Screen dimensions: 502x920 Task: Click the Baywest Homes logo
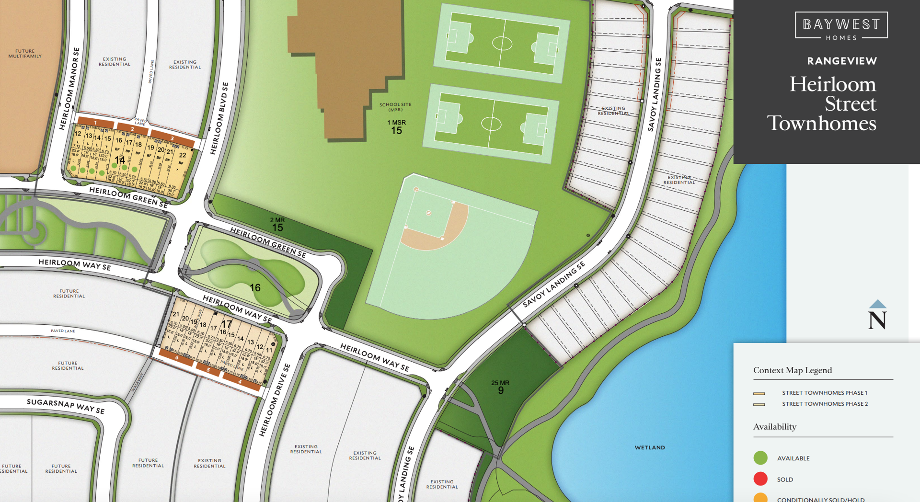click(x=841, y=26)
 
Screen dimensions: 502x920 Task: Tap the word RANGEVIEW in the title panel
click(x=842, y=61)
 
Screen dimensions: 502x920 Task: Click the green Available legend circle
click(x=760, y=458)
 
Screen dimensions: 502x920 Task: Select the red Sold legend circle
click(x=760, y=479)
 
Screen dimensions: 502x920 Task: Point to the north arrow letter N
click(x=877, y=320)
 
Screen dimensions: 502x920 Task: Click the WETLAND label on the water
click(x=650, y=447)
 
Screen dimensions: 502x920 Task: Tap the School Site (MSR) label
click(x=395, y=107)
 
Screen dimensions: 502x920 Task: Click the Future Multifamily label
click(x=25, y=54)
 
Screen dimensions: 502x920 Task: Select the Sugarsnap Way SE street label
click(x=66, y=406)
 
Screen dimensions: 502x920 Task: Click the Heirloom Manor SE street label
click(x=69, y=89)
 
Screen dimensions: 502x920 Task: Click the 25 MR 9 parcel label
click(x=500, y=387)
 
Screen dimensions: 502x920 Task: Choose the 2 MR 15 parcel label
click(x=277, y=224)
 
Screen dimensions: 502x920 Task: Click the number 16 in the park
click(x=255, y=288)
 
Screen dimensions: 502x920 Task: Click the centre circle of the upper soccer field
click(x=502, y=44)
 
